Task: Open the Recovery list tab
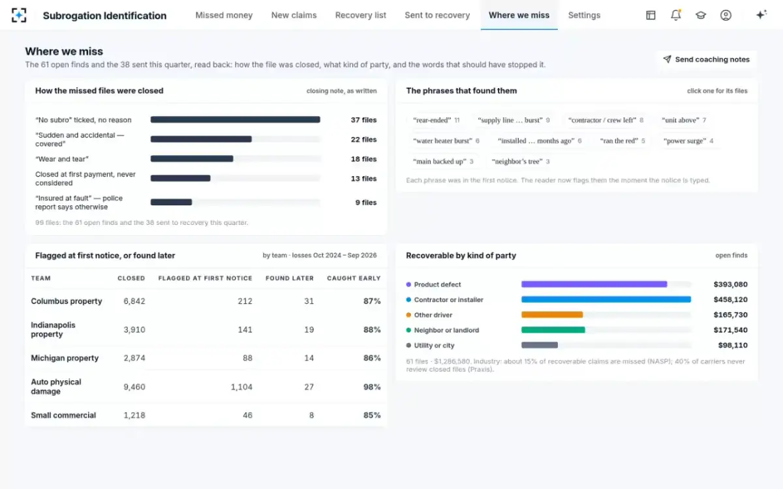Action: (360, 15)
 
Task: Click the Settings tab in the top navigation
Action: (584, 15)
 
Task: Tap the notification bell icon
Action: (676, 15)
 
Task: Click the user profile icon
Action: (726, 15)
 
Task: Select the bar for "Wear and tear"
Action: (192, 159)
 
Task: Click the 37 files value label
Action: (363, 120)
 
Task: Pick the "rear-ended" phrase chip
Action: (437, 120)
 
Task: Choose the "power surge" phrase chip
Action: (688, 141)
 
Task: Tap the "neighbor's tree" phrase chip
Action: (521, 162)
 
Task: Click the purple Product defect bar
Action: (594, 284)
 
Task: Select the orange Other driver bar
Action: (552, 315)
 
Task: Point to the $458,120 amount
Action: (730, 299)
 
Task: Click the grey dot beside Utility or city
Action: (408, 345)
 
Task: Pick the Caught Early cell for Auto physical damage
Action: (371, 387)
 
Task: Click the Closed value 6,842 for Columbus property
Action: (134, 301)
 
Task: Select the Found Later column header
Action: (290, 278)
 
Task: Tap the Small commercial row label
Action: (63, 415)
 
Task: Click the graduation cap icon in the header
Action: (701, 15)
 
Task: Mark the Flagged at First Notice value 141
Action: (245, 329)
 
